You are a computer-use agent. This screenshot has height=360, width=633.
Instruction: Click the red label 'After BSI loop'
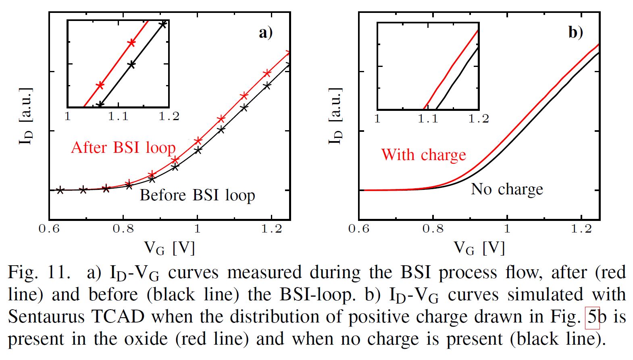pos(123,148)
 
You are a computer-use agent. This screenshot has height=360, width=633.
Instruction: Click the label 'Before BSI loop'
pos(197,196)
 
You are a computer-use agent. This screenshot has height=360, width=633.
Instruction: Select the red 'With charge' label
pos(423,155)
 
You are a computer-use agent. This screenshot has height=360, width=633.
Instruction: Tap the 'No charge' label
pos(507,189)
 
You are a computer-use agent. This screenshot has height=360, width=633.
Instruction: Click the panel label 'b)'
pos(576,32)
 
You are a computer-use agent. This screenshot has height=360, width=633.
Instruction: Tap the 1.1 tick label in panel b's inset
pos(428,119)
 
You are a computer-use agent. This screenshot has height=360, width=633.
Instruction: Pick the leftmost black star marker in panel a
pos(60,190)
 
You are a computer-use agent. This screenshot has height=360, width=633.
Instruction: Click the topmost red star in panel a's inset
pos(131,43)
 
